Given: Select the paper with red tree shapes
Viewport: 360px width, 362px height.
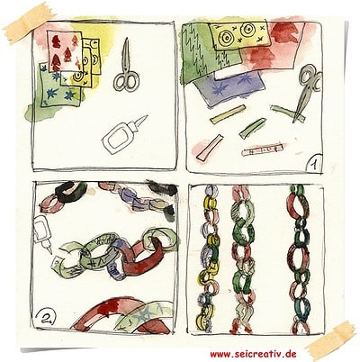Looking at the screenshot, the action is point(65,51).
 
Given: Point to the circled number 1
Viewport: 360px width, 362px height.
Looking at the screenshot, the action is point(312,164).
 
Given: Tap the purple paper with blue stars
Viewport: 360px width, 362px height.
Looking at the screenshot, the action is point(228,88).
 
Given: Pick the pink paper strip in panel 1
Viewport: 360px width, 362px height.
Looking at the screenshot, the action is point(210,147).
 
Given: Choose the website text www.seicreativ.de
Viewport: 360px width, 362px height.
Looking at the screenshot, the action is point(253,354).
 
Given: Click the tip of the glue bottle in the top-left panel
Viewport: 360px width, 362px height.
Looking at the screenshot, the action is point(147,115).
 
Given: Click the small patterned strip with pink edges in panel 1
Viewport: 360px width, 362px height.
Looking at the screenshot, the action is point(264,150).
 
